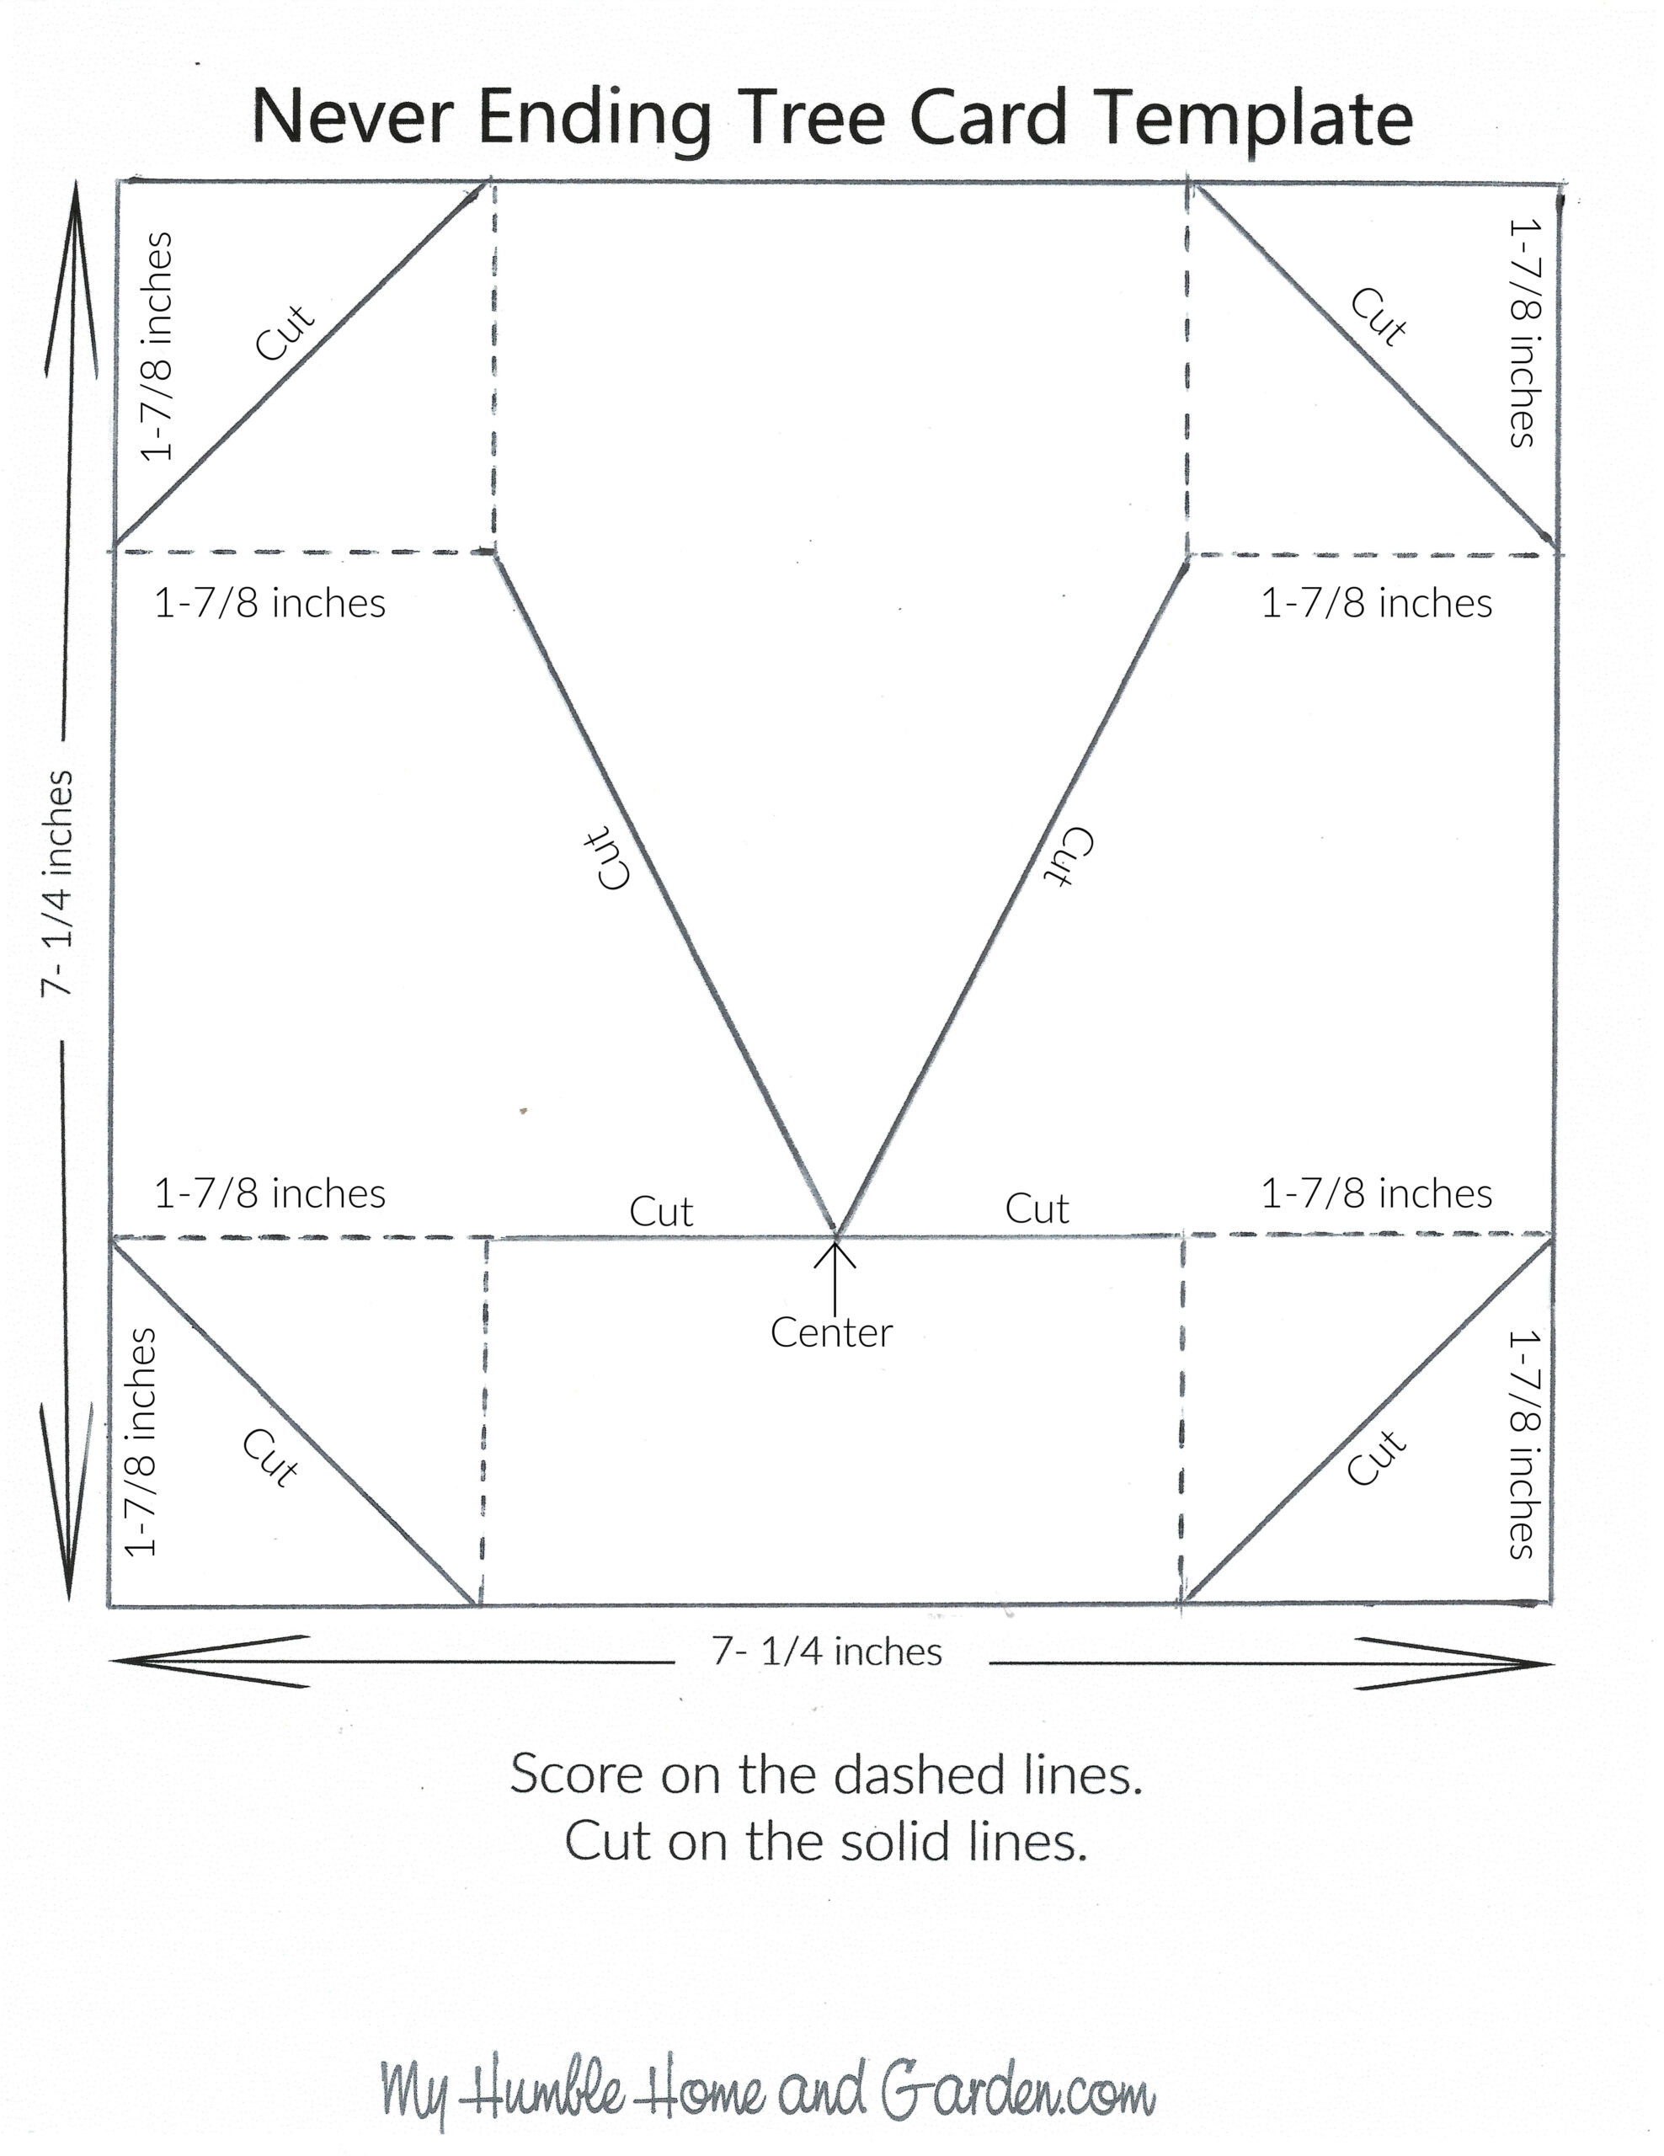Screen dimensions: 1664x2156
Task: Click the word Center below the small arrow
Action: coord(831,1332)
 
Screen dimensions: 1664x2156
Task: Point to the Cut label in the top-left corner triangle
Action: coord(285,332)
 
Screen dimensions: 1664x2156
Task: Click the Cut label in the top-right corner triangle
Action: coord(1379,317)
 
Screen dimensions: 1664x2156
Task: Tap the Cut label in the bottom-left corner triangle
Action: coord(270,1457)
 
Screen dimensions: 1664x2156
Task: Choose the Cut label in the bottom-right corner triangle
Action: coord(1376,1457)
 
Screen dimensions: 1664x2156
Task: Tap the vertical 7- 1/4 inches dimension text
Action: coord(57,883)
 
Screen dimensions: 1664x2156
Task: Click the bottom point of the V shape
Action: coord(836,1234)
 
